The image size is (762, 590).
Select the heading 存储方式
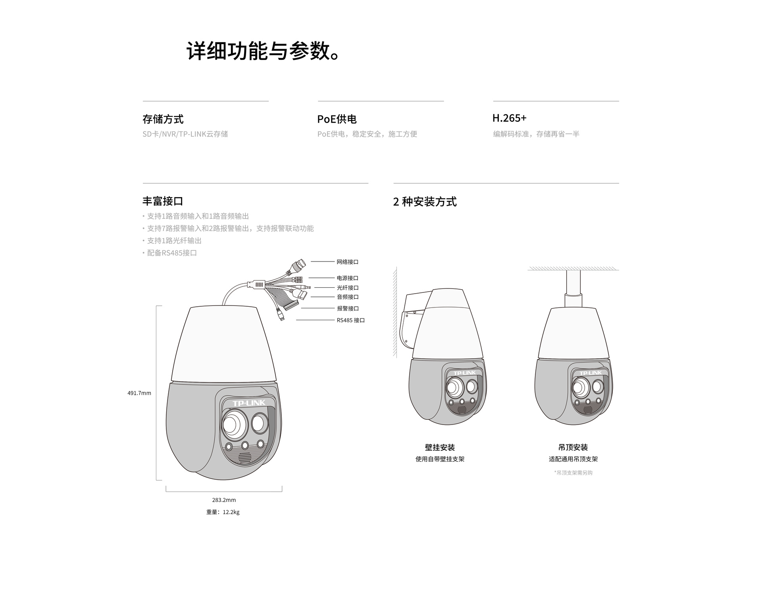tap(163, 119)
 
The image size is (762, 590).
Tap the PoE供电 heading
tap(337, 119)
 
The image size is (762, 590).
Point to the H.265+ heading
tap(510, 118)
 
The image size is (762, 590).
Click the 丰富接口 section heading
tap(163, 201)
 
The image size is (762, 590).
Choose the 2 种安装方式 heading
tap(425, 202)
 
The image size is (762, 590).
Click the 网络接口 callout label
tap(348, 262)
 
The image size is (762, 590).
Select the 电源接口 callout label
tap(348, 278)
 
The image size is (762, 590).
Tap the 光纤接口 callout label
tap(348, 288)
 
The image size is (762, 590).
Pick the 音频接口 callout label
tap(348, 297)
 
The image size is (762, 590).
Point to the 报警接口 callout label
tap(348, 308)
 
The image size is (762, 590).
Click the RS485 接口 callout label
tap(351, 320)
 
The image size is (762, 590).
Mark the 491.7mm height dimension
tap(139, 393)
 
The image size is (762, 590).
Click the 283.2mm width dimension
tap(224, 500)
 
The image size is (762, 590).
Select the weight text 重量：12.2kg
tap(223, 512)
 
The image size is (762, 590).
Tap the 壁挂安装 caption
tap(440, 448)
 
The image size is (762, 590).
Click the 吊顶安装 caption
tap(573, 448)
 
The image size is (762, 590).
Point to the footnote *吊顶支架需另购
tap(573, 473)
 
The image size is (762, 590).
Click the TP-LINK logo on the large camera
tap(249, 403)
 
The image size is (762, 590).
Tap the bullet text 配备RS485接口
tap(172, 253)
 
